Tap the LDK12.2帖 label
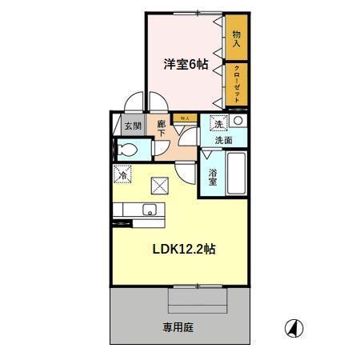pyautogui.click(x=184, y=249)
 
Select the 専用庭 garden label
pyautogui.click(x=178, y=326)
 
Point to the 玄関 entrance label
pyautogui.click(x=132, y=126)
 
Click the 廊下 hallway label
pyautogui.click(x=162, y=129)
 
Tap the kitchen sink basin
pyautogui.click(x=148, y=211)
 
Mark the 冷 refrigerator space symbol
pyautogui.click(x=123, y=173)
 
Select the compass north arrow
pyautogui.click(x=294, y=328)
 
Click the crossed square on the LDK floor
pyautogui.click(x=159, y=187)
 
